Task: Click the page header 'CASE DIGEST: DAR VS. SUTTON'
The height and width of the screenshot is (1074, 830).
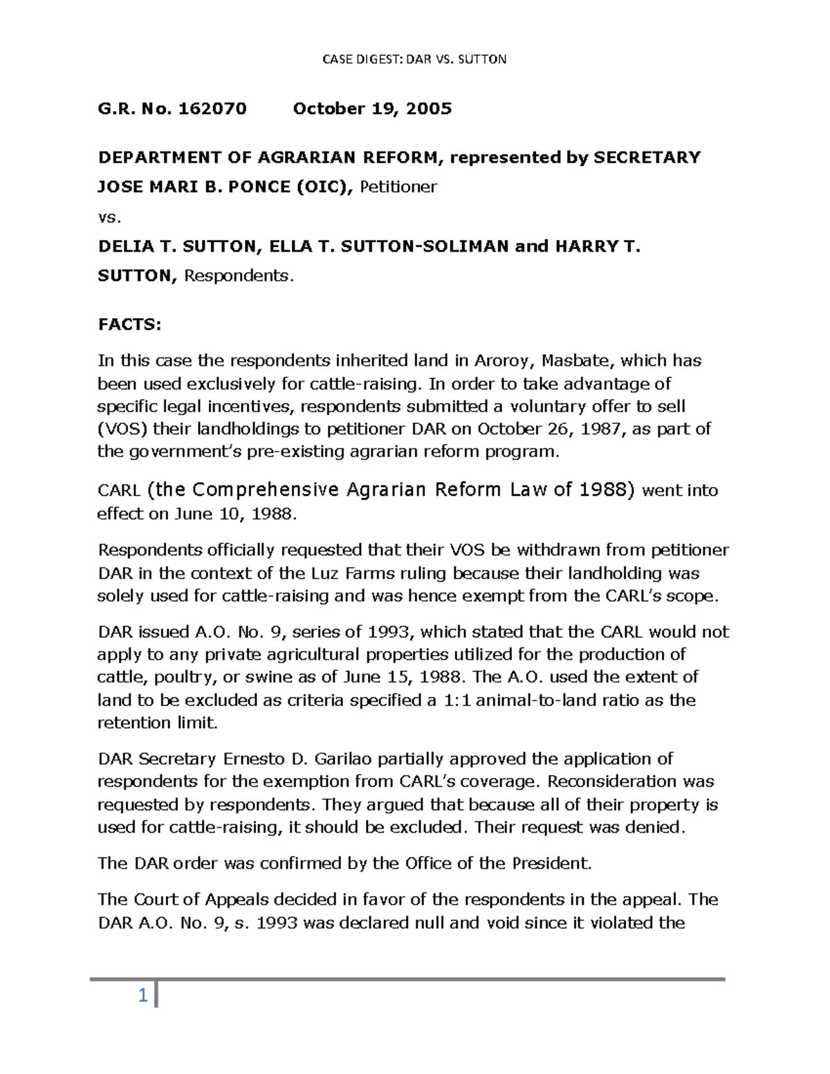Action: [415, 59]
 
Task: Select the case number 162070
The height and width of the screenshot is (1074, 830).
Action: [212, 109]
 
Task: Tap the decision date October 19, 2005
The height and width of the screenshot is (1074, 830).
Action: [372, 109]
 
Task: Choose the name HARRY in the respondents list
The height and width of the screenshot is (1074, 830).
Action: [587, 246]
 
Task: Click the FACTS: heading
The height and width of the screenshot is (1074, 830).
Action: [129, 325]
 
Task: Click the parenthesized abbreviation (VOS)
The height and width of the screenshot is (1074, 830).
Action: [122, 429]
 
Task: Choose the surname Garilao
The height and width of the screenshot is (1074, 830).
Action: [350, 759]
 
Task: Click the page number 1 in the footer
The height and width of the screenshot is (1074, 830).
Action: [142, 997]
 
